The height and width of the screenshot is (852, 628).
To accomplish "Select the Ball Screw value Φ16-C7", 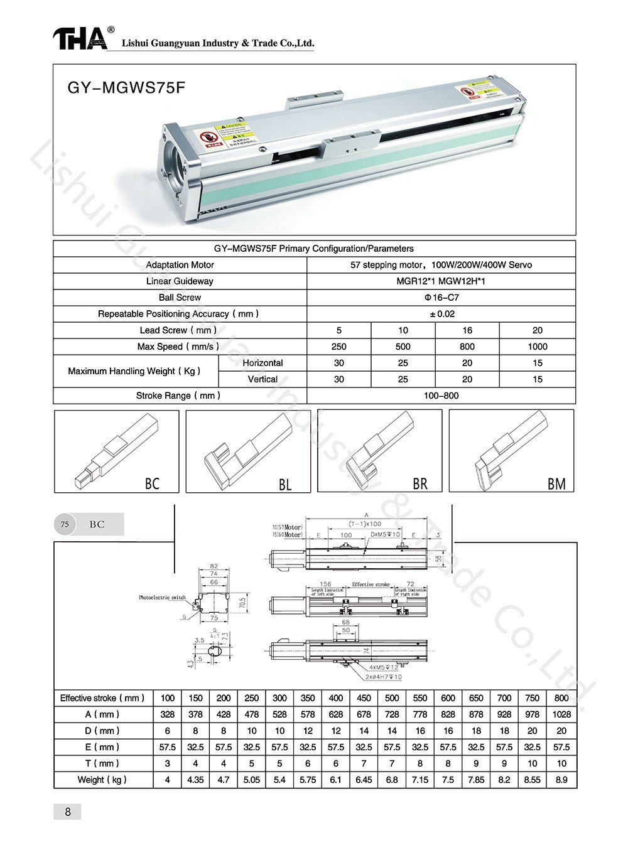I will tap(441, 298).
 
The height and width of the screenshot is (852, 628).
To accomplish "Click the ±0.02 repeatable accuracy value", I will tap(441, 314).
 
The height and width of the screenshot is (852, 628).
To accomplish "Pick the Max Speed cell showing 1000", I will tap(537, 347).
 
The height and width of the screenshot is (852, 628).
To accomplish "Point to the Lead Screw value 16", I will tap(467, 330).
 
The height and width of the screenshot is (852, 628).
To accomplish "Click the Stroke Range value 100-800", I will tap(441, 396).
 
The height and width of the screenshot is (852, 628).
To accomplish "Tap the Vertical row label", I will tap(263, 379).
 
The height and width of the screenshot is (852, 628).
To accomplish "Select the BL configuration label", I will tap(285, 485).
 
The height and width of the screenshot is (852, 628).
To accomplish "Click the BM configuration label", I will tap(556, 484).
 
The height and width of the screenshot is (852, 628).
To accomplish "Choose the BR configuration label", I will tap(420, 484).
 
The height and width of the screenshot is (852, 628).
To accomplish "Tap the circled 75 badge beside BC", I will tap(65, 524).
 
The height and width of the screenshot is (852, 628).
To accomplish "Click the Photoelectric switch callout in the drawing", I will tap(162, 597).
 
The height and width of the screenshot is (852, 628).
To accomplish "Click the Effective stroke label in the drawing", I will tap(371, 585).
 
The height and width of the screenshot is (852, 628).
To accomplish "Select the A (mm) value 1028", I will tap(561, 714).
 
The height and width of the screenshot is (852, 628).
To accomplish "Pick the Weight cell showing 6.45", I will tap(364, 780).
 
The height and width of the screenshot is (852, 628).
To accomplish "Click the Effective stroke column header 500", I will tap(392, 698).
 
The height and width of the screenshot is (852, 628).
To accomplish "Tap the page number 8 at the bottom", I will tap(68, 812).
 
